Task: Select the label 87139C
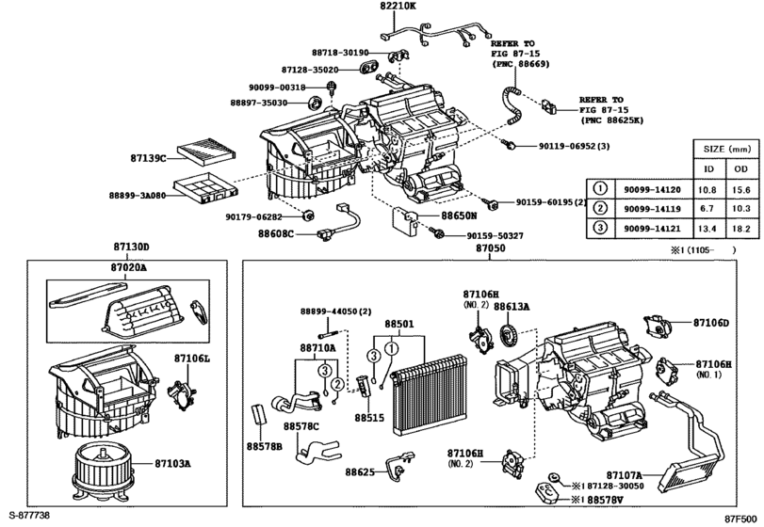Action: (x=148, y=158)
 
